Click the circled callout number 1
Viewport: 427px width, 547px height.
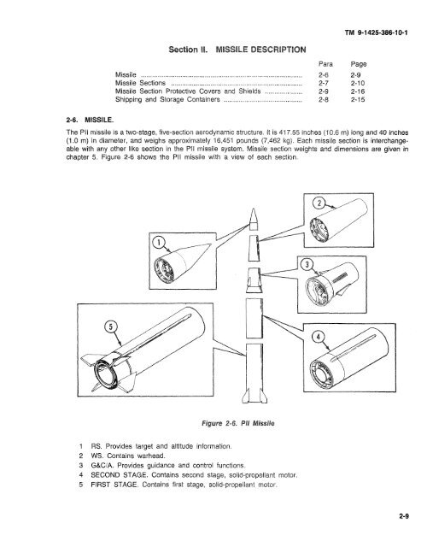(x=159, y=242)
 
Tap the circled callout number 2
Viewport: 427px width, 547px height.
(x=319, y=203)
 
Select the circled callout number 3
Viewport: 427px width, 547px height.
(x=307, y=264)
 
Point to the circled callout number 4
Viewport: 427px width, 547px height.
(x=318, y=337)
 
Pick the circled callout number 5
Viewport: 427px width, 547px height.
(x=111, y=326)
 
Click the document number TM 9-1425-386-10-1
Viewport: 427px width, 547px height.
(x=376, y=32)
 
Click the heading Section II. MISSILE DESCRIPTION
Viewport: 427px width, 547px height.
(x=237, y=50)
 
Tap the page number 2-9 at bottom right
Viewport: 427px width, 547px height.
(x=404, y=516)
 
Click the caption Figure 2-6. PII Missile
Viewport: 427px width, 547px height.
(x=238, y=423)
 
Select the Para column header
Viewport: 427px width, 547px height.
(x=325, y=64)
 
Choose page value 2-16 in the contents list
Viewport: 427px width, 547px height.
(x=358, y=91)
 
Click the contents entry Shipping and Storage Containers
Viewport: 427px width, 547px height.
(x=167, y=100)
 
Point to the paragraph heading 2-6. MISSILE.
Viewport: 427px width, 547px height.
(x=90, y=120)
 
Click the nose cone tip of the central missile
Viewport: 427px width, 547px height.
(x=254, y=209)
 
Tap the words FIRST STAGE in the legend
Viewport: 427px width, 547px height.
(x=114, y=485)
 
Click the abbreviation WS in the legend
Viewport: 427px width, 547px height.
(x=97, y=456)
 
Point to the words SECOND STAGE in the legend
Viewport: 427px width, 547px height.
(x=119, y=475)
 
